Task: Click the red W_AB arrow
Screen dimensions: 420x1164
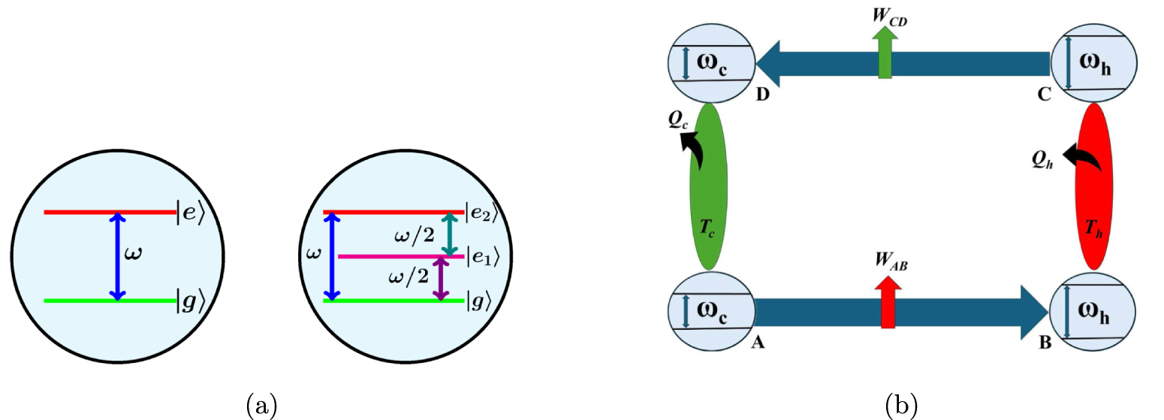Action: tap(888, 304)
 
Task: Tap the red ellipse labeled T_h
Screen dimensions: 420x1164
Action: tap(1094, 186)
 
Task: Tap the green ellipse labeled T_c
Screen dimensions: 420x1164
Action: tap(708, 186)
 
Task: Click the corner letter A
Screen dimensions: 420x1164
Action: tap(758, 343)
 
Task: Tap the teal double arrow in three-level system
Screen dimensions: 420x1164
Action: tap(448, 234)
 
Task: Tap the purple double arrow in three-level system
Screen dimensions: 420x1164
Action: tap(441, 279)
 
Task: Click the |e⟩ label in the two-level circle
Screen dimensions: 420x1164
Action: tap(189, 213)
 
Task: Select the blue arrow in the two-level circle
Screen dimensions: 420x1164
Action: tap(116, 256)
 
